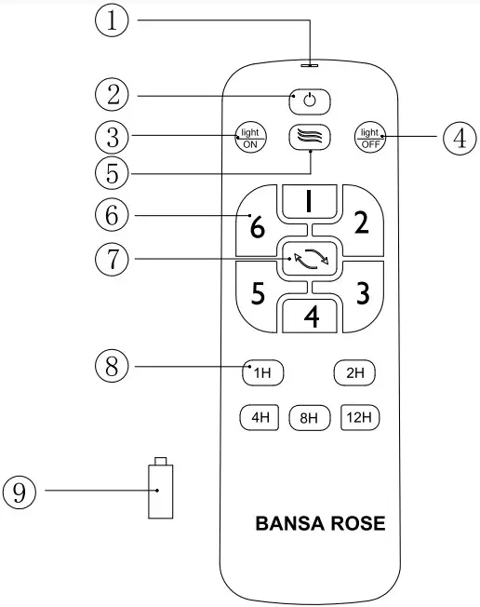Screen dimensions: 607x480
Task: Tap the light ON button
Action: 249,137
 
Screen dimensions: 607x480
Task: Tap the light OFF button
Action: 371,137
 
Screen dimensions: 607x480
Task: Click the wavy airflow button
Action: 310,136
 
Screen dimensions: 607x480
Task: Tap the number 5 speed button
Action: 258,292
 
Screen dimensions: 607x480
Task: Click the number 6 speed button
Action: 257,224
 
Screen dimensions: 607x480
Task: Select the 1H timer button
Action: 262,373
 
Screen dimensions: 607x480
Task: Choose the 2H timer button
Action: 356,373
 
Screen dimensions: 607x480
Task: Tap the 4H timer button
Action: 260,417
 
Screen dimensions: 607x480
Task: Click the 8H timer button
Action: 310,418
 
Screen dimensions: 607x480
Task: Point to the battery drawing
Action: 160,490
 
